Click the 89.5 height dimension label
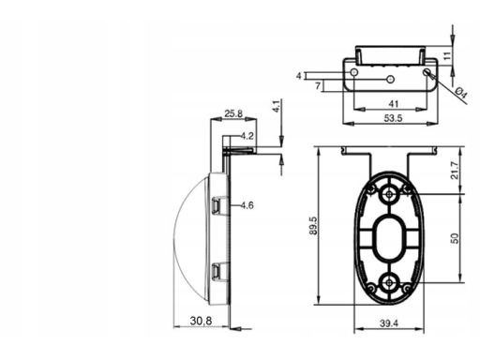(314, 226)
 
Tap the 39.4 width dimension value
(389, 323)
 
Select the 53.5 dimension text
(393, 118)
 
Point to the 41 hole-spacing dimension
(393, 104)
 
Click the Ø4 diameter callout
(461, 93)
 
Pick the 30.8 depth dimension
(201, 321)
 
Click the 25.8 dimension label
(233, 113)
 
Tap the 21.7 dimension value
(455, 170)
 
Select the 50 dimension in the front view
(455, 238)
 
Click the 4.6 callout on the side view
(247, 205)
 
